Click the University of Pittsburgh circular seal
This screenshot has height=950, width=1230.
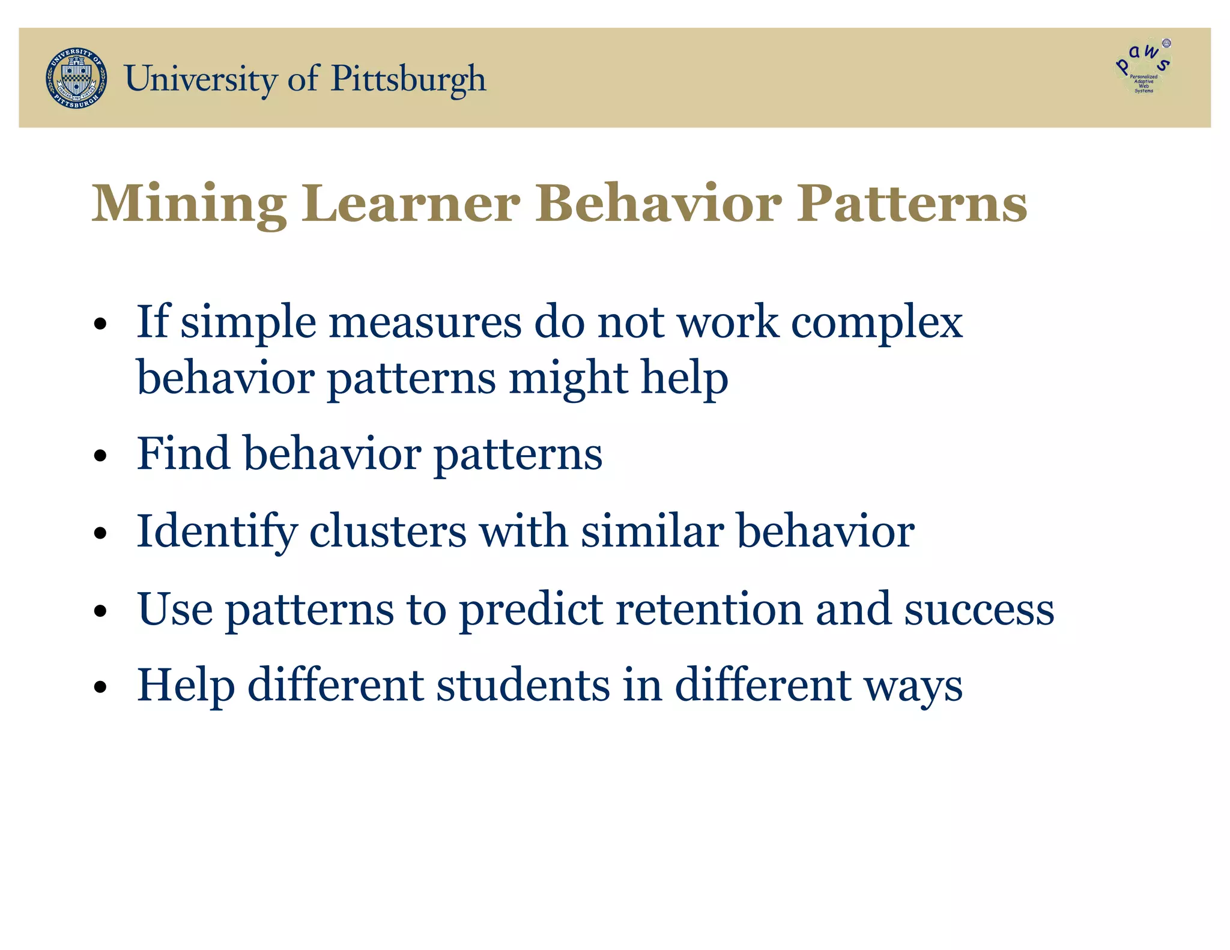(76, 78)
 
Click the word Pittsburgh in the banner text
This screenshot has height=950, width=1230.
(408, 79)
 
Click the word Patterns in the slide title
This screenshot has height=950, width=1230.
(912, 204)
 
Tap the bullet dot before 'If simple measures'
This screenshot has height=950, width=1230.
(100, 325)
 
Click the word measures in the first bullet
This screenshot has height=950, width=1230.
(425, 322)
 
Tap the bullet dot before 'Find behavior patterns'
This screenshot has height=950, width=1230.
(100, 456)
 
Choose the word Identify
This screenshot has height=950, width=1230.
(217, 533)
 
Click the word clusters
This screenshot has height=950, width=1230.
(388, 531)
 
